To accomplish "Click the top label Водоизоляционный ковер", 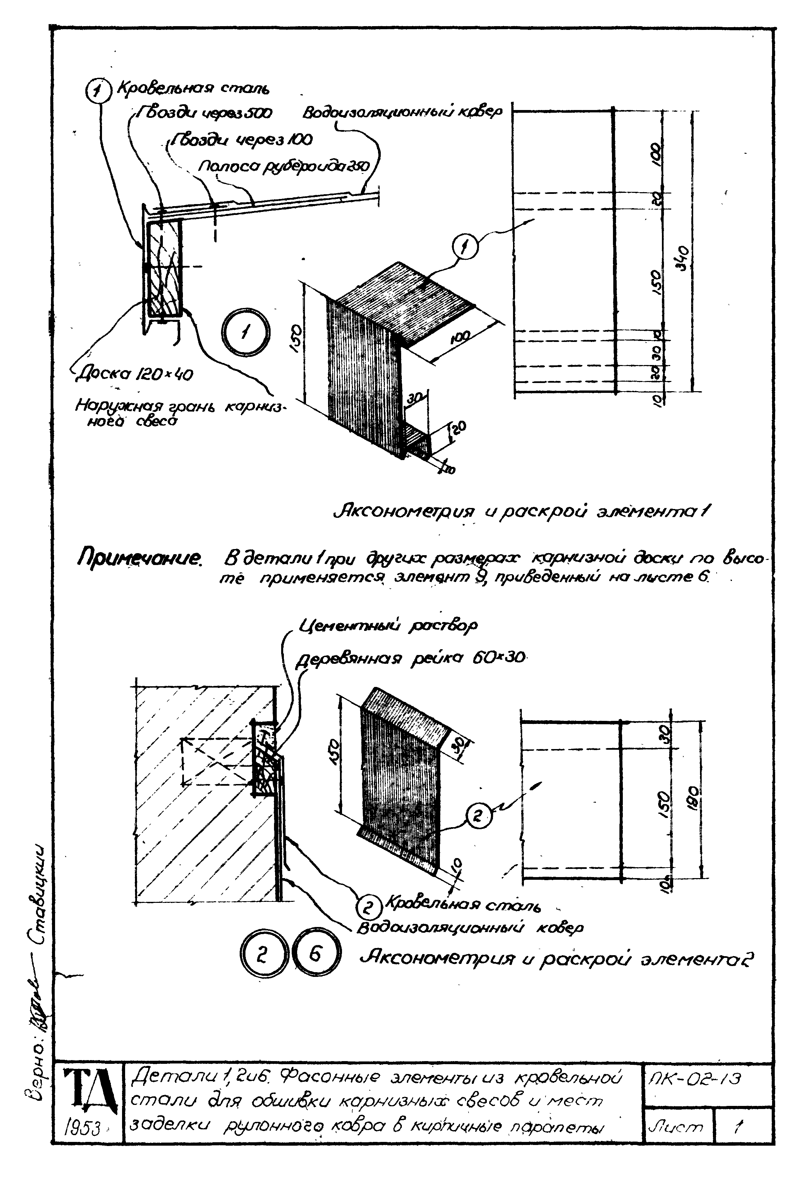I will [x=403, y=112].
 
